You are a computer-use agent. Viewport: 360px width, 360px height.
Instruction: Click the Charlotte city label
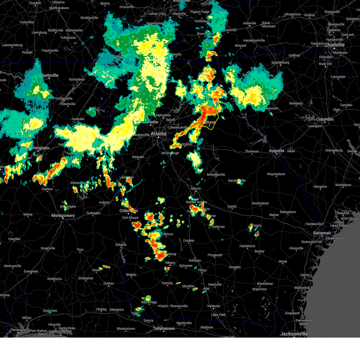334,45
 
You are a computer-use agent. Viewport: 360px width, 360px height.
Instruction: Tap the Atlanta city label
158,134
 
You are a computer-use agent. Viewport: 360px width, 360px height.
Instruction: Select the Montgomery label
63,215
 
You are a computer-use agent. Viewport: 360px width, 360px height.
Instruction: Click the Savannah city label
322,233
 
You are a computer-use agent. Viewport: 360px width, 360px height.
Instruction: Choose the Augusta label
276,151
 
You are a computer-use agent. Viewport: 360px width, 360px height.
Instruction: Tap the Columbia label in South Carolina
325,119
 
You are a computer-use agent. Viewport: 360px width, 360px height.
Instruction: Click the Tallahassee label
164,328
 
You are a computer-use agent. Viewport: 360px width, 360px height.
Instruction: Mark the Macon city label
196,188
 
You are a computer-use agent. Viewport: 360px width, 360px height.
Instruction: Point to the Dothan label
109,283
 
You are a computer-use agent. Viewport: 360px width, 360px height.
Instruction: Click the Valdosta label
213,306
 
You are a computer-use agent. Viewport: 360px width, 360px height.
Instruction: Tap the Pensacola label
18,330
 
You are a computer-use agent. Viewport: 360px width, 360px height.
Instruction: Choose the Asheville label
250,23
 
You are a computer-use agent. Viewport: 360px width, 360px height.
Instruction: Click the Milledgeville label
216,175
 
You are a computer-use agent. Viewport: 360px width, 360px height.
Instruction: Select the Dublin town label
232,206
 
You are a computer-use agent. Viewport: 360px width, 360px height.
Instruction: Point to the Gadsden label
78,119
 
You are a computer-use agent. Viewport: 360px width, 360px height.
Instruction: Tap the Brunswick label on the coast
302,288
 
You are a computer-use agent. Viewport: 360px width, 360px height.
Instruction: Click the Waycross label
259,289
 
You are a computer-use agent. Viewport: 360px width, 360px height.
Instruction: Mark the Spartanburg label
280,62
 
